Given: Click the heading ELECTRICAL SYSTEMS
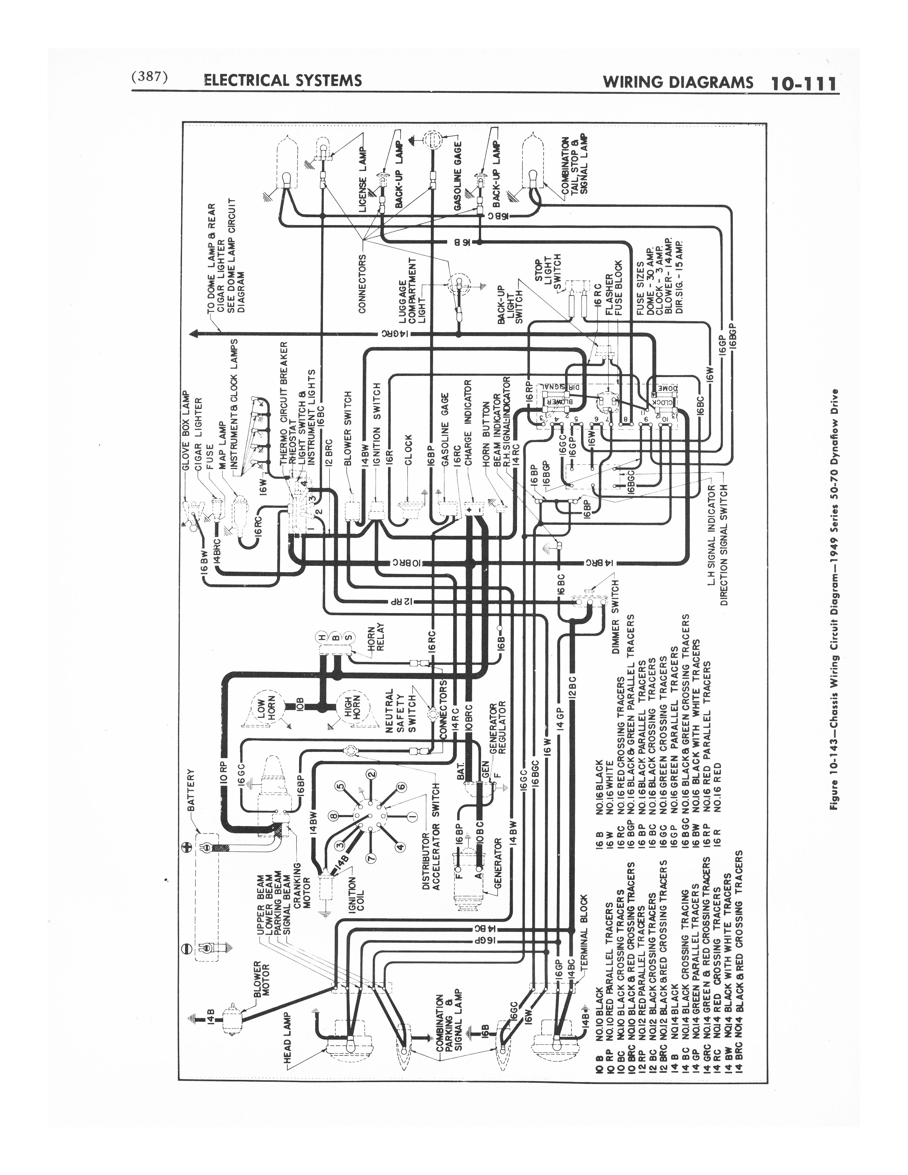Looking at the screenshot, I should tap(283, 81).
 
